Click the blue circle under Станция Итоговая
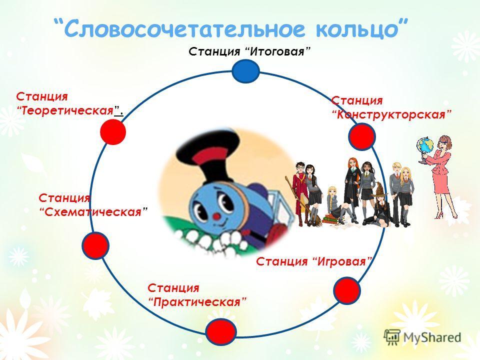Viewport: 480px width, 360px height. click(246, 71)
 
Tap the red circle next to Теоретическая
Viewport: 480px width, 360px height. click(113, 132)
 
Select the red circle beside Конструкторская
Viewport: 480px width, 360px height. click(362, 136)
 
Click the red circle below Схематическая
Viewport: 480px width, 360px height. click(95, 245)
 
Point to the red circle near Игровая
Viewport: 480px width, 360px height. click(347, 290)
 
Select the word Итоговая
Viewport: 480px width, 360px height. click(278, 51)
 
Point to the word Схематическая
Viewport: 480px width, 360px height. click(93, 212)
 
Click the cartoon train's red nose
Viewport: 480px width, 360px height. click(217, 216)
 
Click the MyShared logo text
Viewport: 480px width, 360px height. click(432, 337)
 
